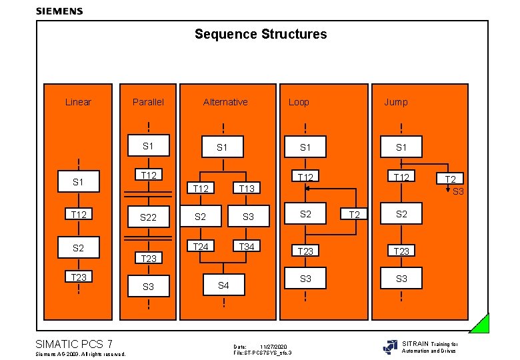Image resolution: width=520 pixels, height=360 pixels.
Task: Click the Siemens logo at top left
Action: tap(59, 11)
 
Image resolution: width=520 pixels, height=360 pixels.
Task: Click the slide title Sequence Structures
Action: tap(261, 34)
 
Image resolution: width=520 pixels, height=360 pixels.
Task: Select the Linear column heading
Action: tap(78, 102)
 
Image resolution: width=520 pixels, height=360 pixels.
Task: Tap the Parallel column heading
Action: tap(148, 102)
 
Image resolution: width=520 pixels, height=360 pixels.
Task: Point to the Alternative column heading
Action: tap(225, 102)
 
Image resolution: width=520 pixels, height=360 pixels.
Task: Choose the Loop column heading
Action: tap(299, 102)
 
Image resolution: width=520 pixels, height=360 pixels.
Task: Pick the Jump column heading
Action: tap(395, 102)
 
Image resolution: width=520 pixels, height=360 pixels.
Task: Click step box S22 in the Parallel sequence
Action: tap(148, 217)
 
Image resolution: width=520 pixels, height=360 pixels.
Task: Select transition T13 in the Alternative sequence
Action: tap(247, 189)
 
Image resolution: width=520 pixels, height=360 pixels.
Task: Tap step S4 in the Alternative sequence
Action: tap(223, 285)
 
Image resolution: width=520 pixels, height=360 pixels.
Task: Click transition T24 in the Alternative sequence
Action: tap(200, 247)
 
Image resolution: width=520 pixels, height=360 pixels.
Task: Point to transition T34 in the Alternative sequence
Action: tap(247, 247)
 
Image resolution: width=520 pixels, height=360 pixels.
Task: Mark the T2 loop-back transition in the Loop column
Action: tap(355, 214)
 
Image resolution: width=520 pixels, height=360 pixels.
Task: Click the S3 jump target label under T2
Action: tap(458, 191)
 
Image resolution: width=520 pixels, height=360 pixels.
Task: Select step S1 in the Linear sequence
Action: tap(78, 181)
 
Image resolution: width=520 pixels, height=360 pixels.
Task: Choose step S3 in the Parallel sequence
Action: tap(148, 287)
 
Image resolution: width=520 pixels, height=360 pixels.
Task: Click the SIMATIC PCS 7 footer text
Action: tap(73, 344)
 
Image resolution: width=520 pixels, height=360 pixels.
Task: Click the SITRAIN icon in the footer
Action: tap(390, 347)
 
